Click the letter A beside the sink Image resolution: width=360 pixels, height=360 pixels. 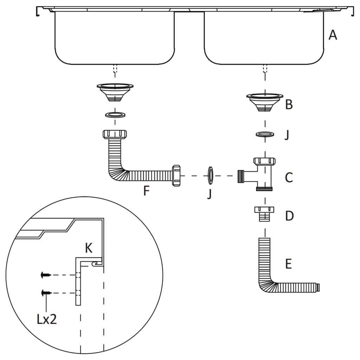click(x=332, y=35)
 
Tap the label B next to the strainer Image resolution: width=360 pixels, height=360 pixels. click(x=289, y=104)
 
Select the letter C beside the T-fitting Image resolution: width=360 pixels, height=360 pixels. click(x=289, y=178)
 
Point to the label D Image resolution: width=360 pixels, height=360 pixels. click(x=289, y=216)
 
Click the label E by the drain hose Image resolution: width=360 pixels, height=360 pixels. click(x=288, y=264)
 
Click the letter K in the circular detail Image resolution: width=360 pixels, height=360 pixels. click(x=89, y=249)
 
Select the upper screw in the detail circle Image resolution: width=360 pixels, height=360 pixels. click(x=46, y=275)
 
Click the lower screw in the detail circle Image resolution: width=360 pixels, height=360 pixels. click(x=46, y=292)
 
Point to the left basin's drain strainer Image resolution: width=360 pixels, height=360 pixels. click(x=115, y=92)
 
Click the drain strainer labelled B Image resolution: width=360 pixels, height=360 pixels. click(x=265, y=102)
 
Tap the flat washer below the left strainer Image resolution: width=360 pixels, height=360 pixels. click(x=115, y=115)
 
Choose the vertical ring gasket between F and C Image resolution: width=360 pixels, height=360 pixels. click(x=210, y=175)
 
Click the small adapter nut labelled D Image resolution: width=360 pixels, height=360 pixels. click(x=264, y=213)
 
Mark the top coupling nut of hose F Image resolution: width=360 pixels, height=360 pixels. click(x=115, y=134)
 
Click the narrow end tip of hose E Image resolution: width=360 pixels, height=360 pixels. click(x=318, y=287)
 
